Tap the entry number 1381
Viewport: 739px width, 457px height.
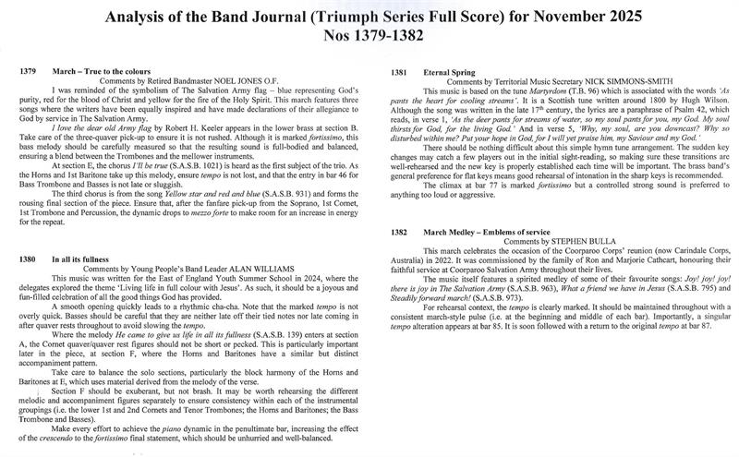tap(402, 71)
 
